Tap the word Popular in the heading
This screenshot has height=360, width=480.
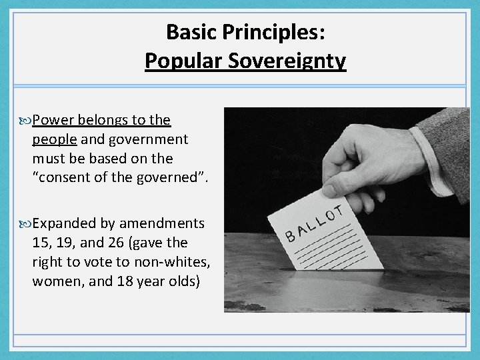coord(174,61)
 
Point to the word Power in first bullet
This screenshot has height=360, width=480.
coord(53,120)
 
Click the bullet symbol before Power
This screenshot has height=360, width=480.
coord(27,121)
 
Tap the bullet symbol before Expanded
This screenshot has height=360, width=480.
coord(27,223)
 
